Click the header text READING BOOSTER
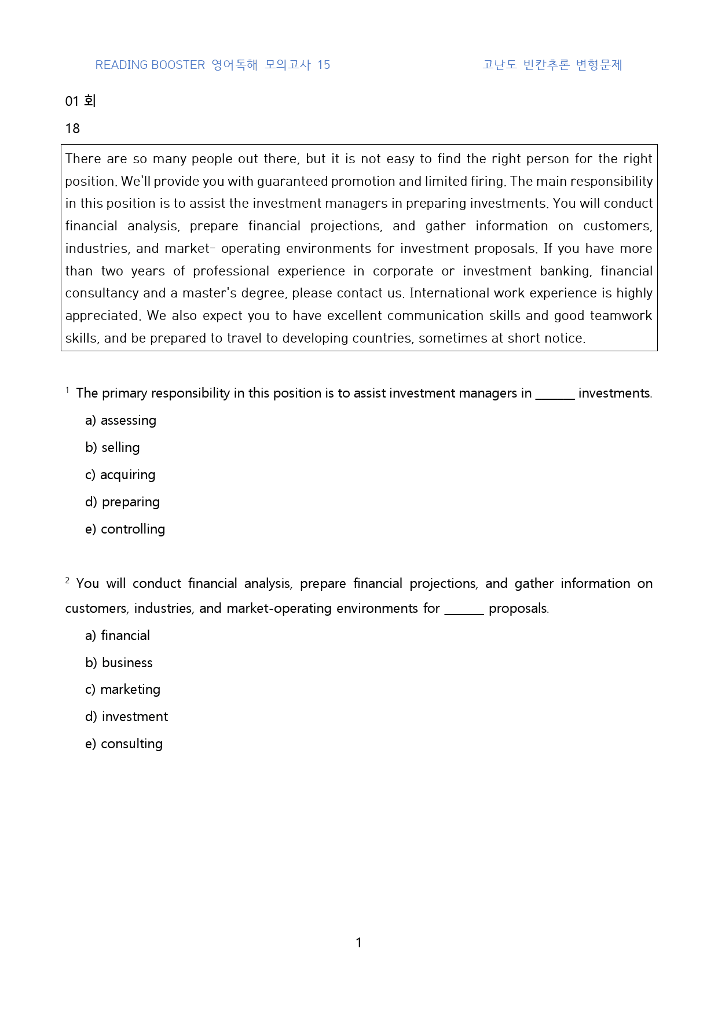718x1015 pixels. [x=150, y=65]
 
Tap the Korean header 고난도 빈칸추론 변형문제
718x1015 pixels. [x=552, y=65]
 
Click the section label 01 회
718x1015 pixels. [x=80, y=101]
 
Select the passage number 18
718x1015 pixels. [x=72, y=128]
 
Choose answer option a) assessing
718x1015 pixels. [x=120, y=420]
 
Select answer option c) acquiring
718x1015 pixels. [x=120, y=475]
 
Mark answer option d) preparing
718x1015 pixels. [x=122, y=502]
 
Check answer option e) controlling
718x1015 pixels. [x=125, y=529]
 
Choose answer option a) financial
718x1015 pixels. [x=118, y=635]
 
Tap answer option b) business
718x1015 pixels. [x=119, y=663]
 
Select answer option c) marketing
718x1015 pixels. [x=123, y=689]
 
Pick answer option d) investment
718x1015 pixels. [x=126, y=716]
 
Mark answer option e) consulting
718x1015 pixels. [x=124, y=744]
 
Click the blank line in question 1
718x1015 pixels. [x=555, y=396]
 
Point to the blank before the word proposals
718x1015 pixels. [x=464, y=611]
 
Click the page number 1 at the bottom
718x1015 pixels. [x=358, y=943]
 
